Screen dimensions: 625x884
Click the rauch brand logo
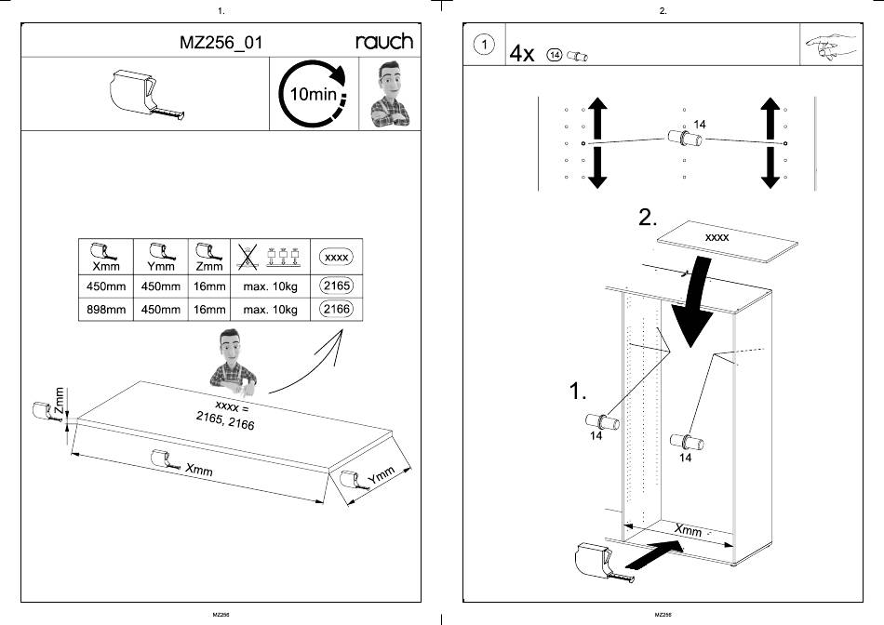point(384,42)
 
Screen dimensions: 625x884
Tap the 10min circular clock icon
point(312,94)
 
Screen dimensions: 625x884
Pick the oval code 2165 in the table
point(335,286)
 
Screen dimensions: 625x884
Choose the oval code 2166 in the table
point(335,309)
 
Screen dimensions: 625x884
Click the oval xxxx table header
point(335,255)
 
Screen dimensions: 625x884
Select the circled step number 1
point(483,45)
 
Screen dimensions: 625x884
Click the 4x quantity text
point(522,54)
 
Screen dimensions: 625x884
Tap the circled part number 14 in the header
point(556,56)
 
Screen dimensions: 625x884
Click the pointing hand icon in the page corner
point(829,45)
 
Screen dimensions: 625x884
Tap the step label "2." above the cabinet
point(650,219)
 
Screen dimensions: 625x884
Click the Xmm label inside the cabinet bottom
point(688,530)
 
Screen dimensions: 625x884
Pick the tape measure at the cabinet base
point(597,561)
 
